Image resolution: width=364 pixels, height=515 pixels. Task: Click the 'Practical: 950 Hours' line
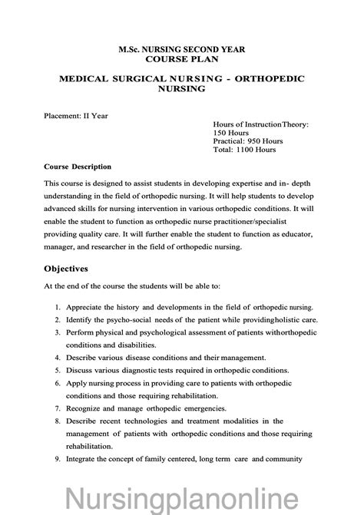click(x=250, y=140)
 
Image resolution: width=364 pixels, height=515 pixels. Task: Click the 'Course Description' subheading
click(x=78, y=167)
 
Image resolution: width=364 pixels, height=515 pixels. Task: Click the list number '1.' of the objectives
click(x=58, y=306)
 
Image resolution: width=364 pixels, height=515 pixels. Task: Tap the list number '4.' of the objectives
click(x=58, y=356)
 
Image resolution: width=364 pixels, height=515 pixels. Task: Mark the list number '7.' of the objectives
click(x=58, y=406)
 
